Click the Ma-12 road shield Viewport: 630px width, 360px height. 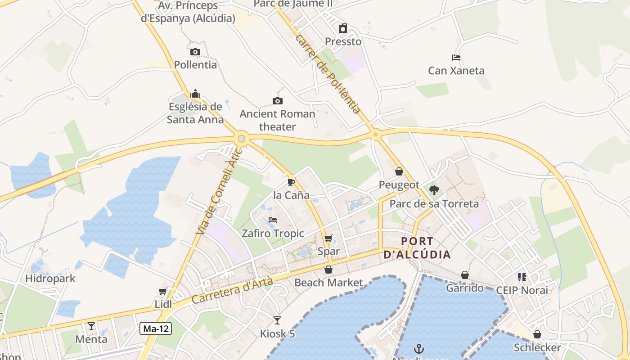point(156,328)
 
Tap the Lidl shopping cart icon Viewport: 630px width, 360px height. point(162,292)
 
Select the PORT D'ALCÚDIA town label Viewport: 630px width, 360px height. point(417,248)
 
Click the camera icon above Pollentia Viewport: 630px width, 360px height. point(195,52)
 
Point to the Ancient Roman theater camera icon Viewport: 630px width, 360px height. point(278,101)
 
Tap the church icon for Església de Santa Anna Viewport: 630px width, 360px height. point(195,94)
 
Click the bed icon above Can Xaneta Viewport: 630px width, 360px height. point(456,58)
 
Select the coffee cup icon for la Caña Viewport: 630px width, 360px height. point(291,182)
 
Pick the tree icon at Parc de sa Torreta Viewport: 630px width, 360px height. point(434,190)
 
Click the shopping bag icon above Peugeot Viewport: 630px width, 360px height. point(399,171)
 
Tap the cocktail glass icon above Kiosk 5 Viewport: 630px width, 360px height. point(277,320)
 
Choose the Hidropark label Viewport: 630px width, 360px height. point(50,279)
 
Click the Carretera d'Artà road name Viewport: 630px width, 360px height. point(232,290)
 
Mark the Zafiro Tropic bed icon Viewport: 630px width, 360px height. point(273,220)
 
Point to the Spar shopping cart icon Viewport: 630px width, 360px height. point(328,238)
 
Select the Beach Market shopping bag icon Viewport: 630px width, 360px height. point(328,270)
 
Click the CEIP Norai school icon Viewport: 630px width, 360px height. point(522,277)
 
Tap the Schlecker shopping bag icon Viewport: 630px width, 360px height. point(537,334)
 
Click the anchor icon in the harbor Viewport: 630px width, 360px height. point(419,349)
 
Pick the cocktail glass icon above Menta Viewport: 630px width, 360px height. point(91,326)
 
